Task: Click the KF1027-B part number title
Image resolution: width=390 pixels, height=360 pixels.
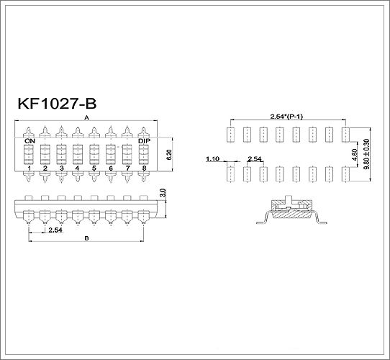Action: (x=57, y=104)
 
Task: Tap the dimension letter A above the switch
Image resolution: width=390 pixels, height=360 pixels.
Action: (x=86, y=118)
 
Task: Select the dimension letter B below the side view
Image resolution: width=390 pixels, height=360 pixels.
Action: (x=86, y=238)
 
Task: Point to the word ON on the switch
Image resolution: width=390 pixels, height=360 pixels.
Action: (x=30, y=141)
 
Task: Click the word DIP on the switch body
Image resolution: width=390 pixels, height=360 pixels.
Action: (x=144, y=141)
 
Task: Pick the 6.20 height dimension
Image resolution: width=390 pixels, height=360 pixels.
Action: (x=169, y=154)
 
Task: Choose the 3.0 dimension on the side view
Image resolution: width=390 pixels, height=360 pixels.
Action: (x=163, y=193)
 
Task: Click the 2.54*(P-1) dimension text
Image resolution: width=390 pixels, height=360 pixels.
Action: (x=286, y=117)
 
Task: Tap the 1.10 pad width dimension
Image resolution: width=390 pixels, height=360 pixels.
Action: (x=213, y=158)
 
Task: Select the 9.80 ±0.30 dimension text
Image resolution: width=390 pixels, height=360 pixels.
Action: (x=367, y=154)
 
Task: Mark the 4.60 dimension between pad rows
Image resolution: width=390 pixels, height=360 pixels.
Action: (x=355, y=154)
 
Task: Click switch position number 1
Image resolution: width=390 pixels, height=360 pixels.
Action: (x=29, y=168)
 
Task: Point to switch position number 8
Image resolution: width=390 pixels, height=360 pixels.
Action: (x=144, y=168)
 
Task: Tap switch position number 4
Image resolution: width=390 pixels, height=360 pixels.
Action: (x=78, y=168)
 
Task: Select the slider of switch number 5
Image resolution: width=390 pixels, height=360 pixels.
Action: (x=94, y=154)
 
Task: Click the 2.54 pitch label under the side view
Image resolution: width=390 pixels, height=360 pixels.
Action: (x=55, y=230)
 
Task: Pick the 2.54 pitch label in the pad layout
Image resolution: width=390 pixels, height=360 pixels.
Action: (x=255, y=158)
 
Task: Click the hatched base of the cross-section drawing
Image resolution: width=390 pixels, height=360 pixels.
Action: (x=291, y=214)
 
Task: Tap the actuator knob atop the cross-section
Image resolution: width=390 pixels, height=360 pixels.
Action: (x=289, y=199)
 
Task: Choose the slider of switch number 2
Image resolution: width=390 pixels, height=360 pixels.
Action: (x=45, y=154)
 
